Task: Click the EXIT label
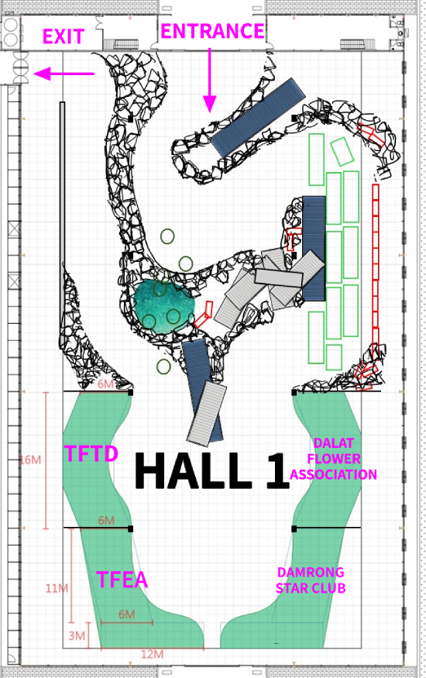pyautogui.click(x=63, y=36)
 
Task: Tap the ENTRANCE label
pyautogui.click(x=212, y=31)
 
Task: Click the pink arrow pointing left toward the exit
pyautogui.click(x=64, y=74)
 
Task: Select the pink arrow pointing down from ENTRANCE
pyautogui.click(x=210, y=80)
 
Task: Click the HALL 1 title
pyautogui.click(x=211, y=470)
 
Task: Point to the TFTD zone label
pyautogui.click(x=91, y=453)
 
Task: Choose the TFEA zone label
pyautogui.click(x=122, y=580)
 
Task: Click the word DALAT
pyautogui.click(x=334, y=443)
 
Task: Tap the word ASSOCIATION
pyautogui.click(x=333, y=474)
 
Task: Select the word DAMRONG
pyautogui.click(x=311, y=572)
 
